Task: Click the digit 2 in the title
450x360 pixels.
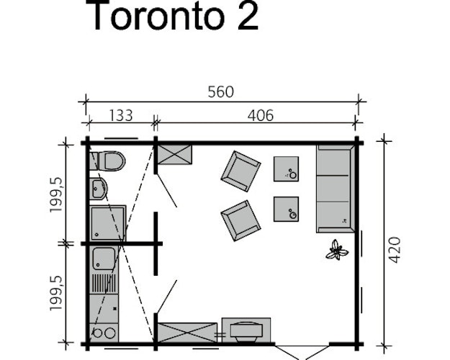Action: pyautogui.click(x=246, y=16)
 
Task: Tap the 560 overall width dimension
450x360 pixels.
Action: pyautogui.click(x=222, y=92)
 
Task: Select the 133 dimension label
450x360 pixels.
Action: pyautogui.click(x=121, y=115)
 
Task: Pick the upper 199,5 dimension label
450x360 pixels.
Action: pyautogui.click(x=55, y=193)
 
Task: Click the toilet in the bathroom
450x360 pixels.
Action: pyautogui.click(x=109, y=161)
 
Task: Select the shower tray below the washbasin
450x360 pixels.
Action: pyautogui.click(x=108, y=222)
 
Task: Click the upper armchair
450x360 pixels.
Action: pyautogui.click(x=240, y=171)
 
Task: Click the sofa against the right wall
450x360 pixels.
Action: pyautogui.click(x=335, y=187)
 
